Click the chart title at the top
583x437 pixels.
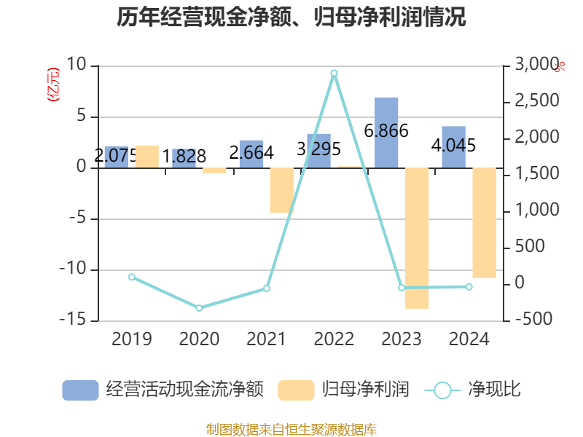pyautogui.click(x=291, y=17)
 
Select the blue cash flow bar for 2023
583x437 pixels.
pyautogui.click(x=386, y=132)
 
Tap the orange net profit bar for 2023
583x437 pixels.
pyautogui.click(x=417, y=238)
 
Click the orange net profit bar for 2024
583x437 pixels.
pyautogui.click(x=484, y=223)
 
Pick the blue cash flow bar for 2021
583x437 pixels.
pyautogui.click(x=251, y=154)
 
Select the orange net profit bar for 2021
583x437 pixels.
pyautogui.click(x=281, y=190)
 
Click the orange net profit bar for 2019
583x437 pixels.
pyautogui.click(x=146, y=157)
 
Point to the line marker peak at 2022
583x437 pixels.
pyautogui.click(x=334, y=73)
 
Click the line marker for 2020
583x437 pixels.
pyautogui.click(x=199, y=307)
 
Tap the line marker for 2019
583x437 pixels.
pyautogui.click(x=132, y=277)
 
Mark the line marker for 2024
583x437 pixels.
pyautogui.click(x=469, y=286)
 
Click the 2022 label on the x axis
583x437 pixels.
pyautogui.click(x=334, y=339)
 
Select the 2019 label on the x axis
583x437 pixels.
pyautogui.click(x=132, y=339)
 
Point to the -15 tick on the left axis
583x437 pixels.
pyautogui.click(x=74, y=320)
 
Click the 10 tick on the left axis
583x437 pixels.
pyautogui.click(x=77, y=66)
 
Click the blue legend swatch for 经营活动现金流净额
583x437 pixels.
pyautogui.click(x=80, y=390)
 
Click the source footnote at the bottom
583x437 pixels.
pyautogui.click(x=291, y=429)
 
